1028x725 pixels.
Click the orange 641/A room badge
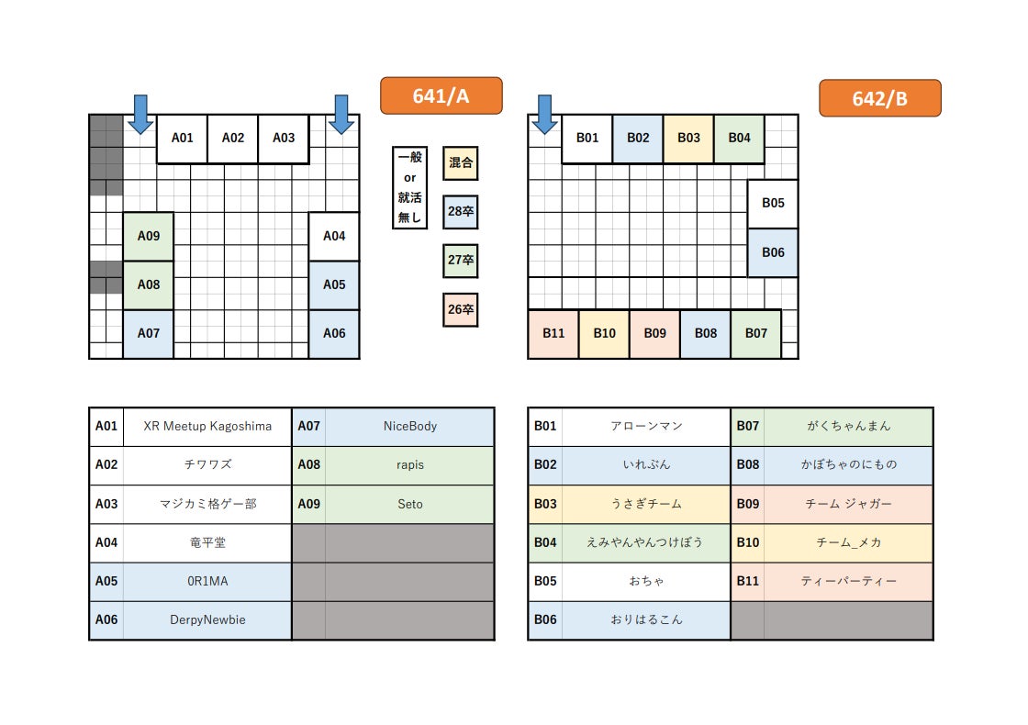[x=441, y=95]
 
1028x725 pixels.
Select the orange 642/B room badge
[x=879, y=98]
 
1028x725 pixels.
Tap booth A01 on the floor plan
[x=182, y=139]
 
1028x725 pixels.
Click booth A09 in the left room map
[x=149, y=236]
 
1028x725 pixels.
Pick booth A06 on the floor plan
[x=334, y=333]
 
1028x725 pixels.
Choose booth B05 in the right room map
[x=773, y=204]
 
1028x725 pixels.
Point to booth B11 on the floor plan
[x=553, y=333]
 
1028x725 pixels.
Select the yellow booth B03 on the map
[x=688, y=139]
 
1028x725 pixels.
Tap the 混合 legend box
[x=460, y=163]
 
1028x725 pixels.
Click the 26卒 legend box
[x=460, y=309]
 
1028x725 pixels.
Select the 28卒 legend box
[x=460, y=212]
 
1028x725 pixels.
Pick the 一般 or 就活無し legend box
[x=409, y=187]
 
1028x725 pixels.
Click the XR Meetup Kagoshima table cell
[x=207, y=427]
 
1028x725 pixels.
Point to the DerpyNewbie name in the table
[x=207, y=620]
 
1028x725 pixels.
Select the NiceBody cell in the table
[x=409, y=427]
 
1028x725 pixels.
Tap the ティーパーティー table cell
[x=848, y=582]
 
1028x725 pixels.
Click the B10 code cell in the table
[x=747, y=543]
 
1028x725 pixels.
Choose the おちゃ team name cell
[x=646, y=582]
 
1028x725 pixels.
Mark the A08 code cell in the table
[x=308, y=465]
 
